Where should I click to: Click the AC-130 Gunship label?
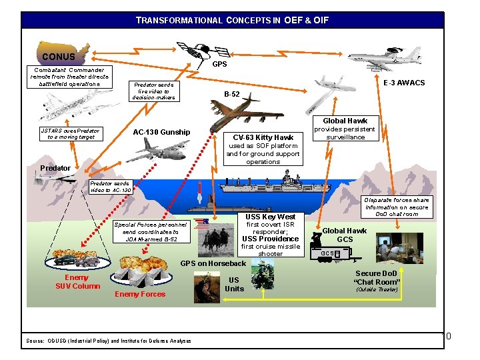(x=161, y=132)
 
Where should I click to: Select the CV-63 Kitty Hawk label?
(x=263, y=137)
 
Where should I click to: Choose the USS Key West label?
(x=270, y=217)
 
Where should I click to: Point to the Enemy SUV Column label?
(x=77, y=282)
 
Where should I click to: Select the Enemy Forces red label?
(x=140, y=294)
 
